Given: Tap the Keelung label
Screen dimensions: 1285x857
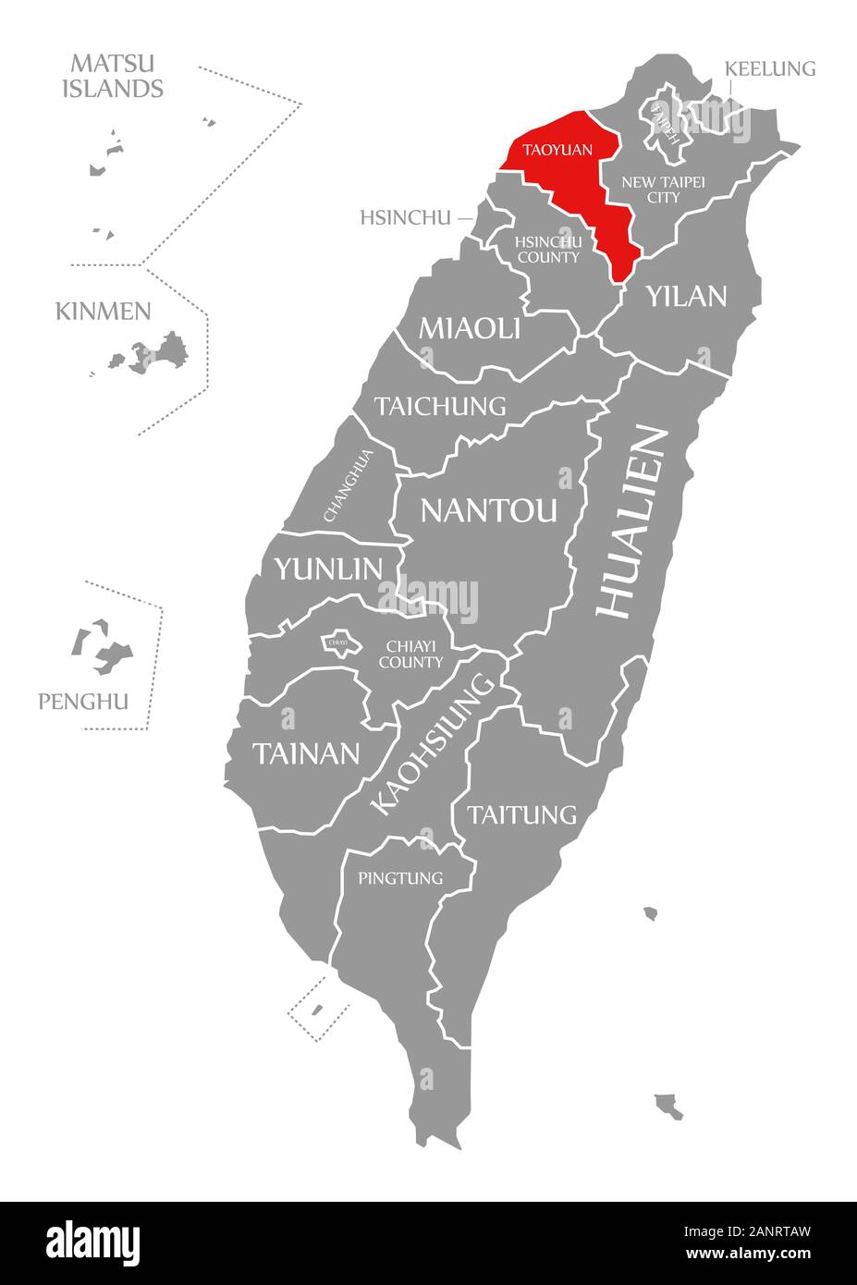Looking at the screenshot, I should click(770, 68).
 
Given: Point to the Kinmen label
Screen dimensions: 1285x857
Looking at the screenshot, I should click(103, 311).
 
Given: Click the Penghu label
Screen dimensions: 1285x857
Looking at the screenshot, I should click(83, 702).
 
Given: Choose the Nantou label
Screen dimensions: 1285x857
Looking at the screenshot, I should click(489, 509).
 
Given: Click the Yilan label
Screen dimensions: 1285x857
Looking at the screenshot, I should click(687, 296).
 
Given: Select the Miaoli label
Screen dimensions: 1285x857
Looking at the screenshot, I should click(470, 327).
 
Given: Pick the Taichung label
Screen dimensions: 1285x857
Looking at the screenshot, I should click(440, 406).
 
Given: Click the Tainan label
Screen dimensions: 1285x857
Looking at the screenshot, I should click(306, 753).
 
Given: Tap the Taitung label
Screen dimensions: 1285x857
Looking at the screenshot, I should click(521, 814).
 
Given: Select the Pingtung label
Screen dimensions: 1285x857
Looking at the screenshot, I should click(400, 877).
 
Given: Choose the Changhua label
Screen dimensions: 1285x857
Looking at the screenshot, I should click(349, 485).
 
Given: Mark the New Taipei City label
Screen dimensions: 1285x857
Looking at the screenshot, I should click(663, 190).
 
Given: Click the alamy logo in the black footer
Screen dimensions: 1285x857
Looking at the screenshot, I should click(93, 1242).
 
